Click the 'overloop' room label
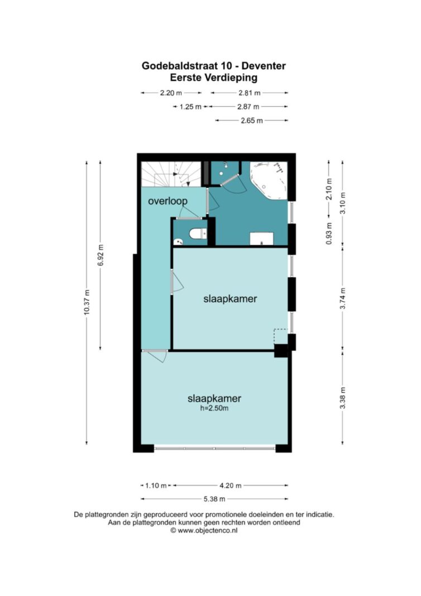pyautogui.click(x=168, y=201)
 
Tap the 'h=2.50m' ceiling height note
pyautogui.click(x=214, y=409)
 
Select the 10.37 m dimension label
pyautogui.click(x=87, y=302)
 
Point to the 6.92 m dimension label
pyautogui.click(x=101, y=255)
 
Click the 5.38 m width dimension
pyautogui.click(x=214, y=499)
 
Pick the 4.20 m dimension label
pyautogui.click(x=230, y=485)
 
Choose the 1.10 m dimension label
pyautogui.click(x=156, y=485)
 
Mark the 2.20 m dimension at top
pyautogui.click(x=171, y=93)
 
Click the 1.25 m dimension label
pyautogui.click(x=190, y=107)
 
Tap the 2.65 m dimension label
pyautogui.click(x=252, y=121)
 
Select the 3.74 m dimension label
pyautogui.click(x=343, y=299)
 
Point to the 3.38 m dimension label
pyautogui.click(x=343, y=398)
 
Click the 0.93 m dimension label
pyautogui.click(x=329, y=233)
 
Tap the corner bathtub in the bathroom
pyautogui.click(x=268, y=180)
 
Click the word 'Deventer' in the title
pyautogui.click(x=264, y=66)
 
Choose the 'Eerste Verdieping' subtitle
pyautogui.click(x=213, y=78)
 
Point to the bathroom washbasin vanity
pyautogui.click(x=261, y=239)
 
